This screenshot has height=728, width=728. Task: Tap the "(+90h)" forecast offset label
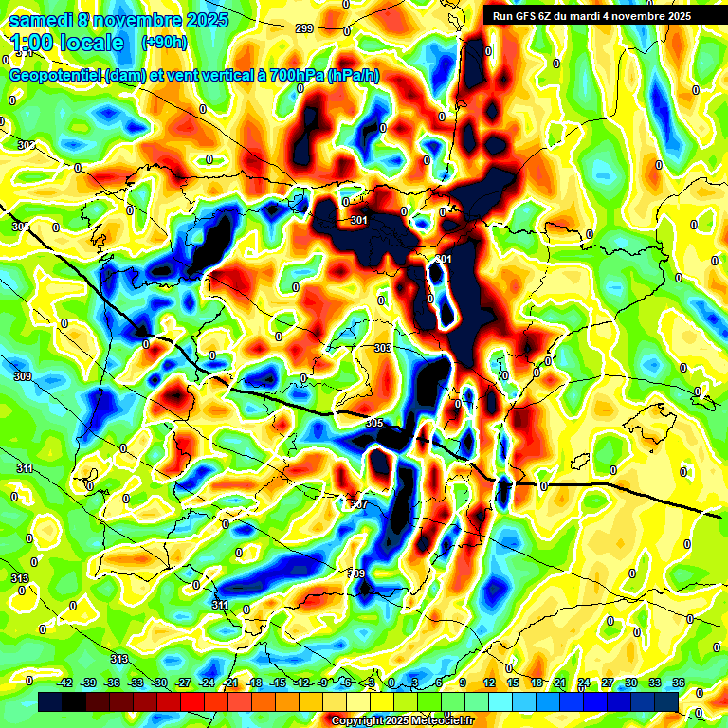[x=164, y=43]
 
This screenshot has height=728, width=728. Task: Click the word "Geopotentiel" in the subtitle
[x=56, y=75]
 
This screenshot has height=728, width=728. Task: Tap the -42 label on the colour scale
[x=65, y=682]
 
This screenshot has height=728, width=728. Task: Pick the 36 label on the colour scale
[x=678, y=682]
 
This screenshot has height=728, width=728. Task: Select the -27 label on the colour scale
[x=183, y=682]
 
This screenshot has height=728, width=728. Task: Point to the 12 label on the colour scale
[x=489, y=682]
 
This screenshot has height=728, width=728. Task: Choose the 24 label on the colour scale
[x=583, y=682]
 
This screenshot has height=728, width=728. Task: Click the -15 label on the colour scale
[x=277, y=682]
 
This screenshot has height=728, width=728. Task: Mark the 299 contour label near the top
[x=303, y=29]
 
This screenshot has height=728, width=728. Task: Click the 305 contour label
[x=373, y=423]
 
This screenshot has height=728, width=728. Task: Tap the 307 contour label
[x=358, y=504]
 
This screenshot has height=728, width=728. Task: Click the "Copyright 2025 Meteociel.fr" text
[x=402, y=720]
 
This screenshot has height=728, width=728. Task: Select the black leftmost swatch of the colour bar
[x=50, y=701]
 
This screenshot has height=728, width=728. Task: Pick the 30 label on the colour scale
[x=630, y=682]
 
